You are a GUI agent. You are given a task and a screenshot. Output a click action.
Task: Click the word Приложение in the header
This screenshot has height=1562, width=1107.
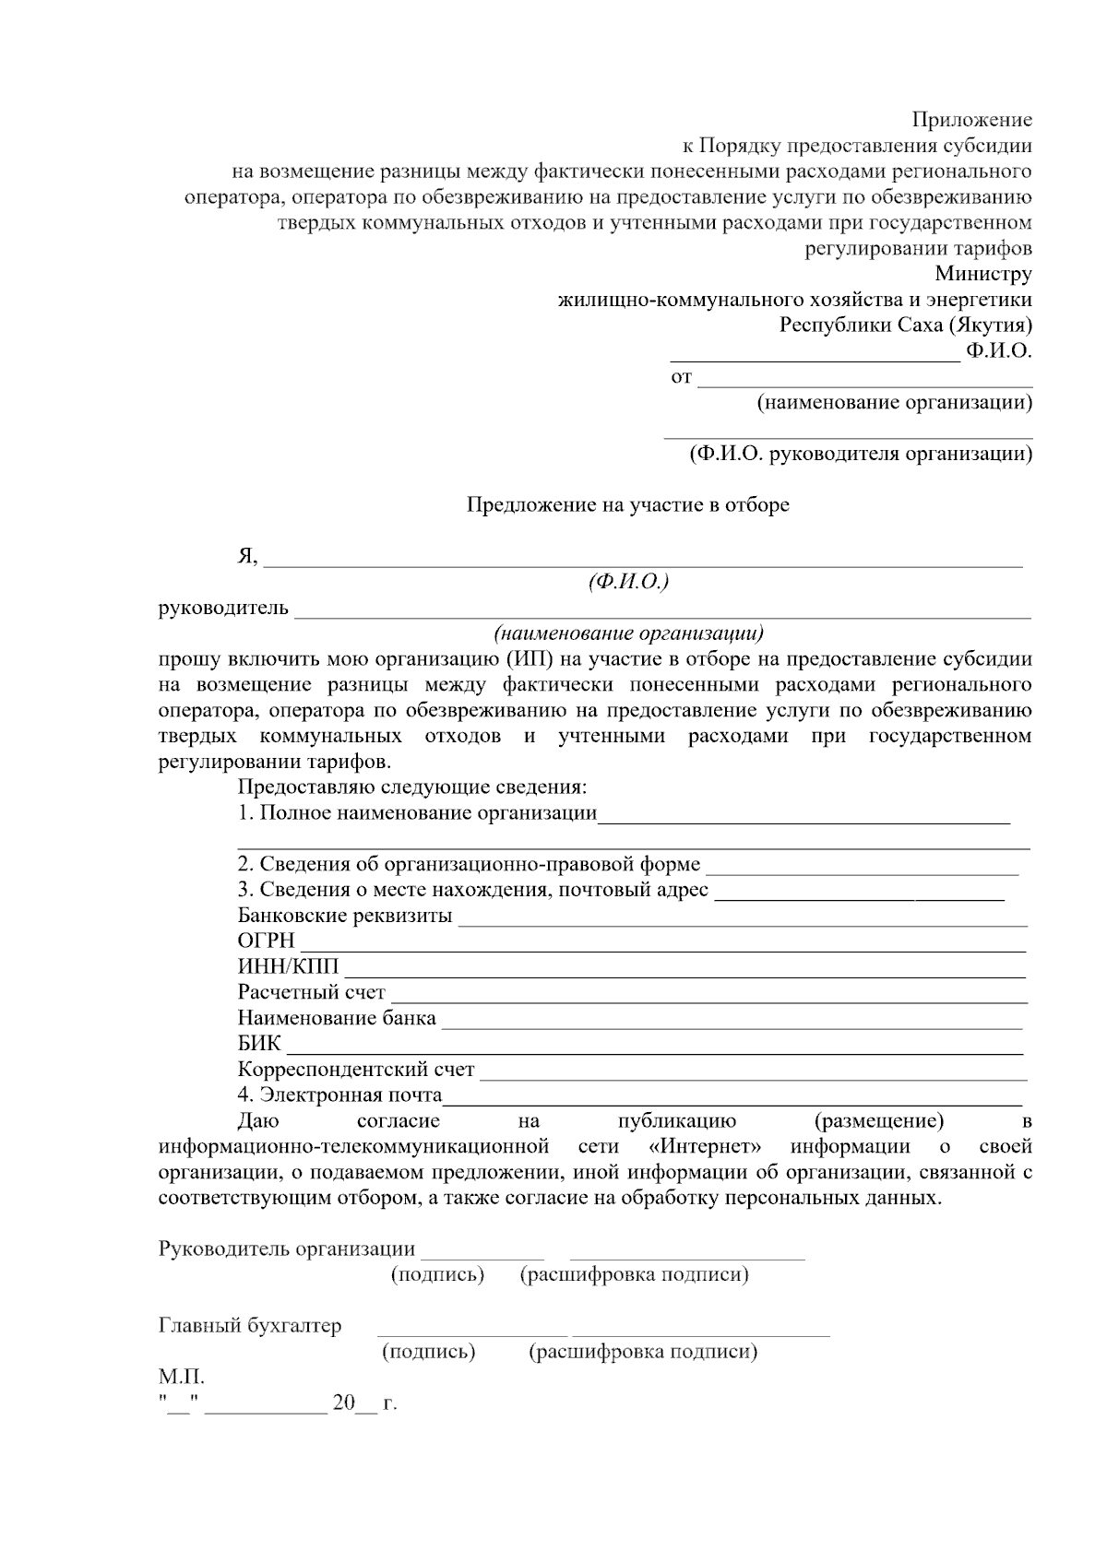(x=972, y=120)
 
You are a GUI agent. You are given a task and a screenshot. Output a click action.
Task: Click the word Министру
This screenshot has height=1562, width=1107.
(x=982, y=274)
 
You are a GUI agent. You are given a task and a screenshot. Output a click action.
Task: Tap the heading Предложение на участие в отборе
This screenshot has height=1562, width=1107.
(x=627, y=505)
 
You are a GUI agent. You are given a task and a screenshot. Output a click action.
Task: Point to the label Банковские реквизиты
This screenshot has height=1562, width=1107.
(x=345, y=916)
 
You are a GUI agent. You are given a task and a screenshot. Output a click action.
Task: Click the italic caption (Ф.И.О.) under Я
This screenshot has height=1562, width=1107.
(x=627, y=582)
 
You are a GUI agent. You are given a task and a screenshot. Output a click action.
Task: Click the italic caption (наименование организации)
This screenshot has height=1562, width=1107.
(x=628, y=633)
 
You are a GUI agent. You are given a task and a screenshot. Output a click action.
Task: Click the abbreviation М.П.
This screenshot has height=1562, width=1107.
(x=181, y=1378)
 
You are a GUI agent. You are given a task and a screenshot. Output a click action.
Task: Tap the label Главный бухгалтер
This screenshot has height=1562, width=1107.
(x=250, y=1326)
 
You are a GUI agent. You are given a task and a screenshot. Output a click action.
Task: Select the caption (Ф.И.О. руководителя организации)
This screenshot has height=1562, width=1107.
(x=861, y=455)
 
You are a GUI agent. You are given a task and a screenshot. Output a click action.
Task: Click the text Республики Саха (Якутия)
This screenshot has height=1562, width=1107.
(x=906, y=325)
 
